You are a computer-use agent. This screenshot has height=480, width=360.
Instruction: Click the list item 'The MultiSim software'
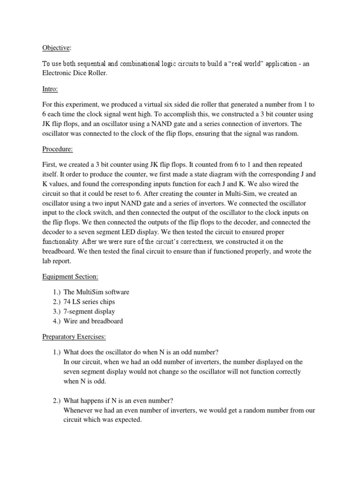[96, 292]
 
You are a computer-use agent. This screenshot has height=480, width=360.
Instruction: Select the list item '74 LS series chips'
[89, 302]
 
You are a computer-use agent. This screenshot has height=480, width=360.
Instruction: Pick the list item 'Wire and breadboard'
[93, 321]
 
